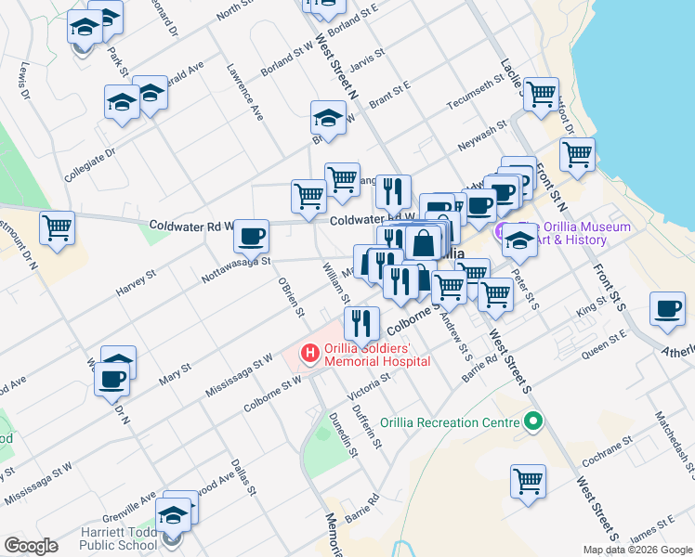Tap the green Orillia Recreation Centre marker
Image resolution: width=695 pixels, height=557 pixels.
click(532, 422)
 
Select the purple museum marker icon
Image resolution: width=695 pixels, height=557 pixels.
click(502, 231)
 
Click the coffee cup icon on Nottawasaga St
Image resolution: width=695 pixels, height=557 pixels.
click(250, 237)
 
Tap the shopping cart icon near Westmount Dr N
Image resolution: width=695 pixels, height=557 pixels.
click(58, 227)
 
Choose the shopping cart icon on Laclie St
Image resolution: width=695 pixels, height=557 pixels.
click(540, 94)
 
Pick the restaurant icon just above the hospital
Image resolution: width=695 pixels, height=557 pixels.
click(361, 323)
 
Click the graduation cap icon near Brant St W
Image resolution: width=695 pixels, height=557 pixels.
click(327, 118)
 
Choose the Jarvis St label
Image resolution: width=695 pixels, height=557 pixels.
click(367, 64)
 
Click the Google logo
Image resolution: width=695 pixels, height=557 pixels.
click(32, 545)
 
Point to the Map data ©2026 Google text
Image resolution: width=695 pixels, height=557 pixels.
click(636, 550)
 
